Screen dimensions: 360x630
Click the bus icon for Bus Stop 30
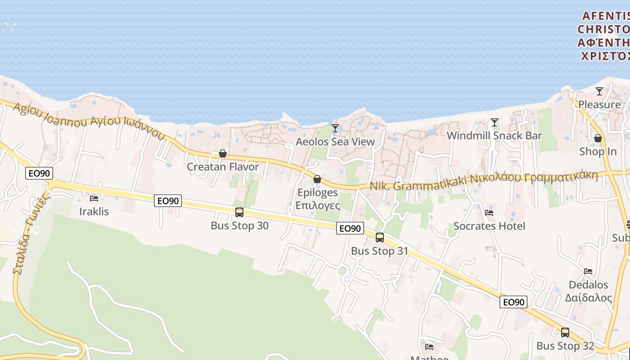tap(239, 212)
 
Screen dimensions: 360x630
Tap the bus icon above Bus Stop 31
tap(380, 237)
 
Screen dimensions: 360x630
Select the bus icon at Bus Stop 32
tap(565, 333)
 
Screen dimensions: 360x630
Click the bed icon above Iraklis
tap(94, 198)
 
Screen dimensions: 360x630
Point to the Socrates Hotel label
tap(489, 226)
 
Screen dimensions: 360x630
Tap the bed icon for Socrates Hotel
tap(489, 212)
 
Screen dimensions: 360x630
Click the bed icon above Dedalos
tap(588, 271)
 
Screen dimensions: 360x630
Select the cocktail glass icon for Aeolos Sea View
tap(335, 128)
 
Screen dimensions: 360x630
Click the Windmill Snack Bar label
tap(494, 135)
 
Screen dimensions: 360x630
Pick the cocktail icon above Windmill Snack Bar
tap(495, 122)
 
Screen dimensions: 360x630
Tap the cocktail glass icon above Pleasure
tap(599, 91)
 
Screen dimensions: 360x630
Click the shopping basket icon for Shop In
tap(598, 138)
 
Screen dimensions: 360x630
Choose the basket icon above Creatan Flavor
tap(223, 153)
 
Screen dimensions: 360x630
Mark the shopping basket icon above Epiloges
tap(317, 179)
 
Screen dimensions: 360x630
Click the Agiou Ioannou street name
tap(88, 120)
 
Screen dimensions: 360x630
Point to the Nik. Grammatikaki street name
tap(484, 180)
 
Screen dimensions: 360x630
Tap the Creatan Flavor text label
tap(223, 166)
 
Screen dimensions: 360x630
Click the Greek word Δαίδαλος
tap(588, 298)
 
